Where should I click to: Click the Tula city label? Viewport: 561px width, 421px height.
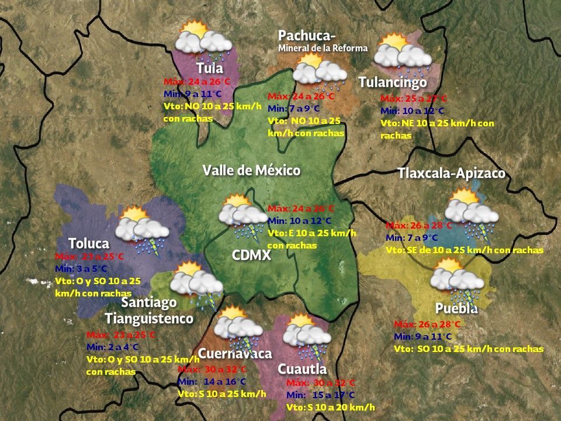[209, 68]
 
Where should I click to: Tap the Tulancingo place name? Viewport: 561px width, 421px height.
[393, 82]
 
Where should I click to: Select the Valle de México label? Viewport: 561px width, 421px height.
[251, 171]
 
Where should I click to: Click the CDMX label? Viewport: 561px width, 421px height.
[251, 256]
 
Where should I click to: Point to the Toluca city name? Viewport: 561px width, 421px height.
[89, 243]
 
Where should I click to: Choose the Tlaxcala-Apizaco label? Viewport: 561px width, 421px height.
[451, 174]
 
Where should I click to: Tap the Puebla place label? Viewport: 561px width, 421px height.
[456, 308]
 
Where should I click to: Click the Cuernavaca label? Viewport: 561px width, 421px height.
[235, 354]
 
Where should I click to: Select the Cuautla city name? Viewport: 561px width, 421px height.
[302, 370]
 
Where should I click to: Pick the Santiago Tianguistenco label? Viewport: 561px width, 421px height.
[149, 310]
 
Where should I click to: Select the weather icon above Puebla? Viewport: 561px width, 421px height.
[455, 277]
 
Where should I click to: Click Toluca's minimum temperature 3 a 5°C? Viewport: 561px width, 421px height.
[81, 268]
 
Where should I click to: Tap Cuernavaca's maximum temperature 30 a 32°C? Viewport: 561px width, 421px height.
[212, 370]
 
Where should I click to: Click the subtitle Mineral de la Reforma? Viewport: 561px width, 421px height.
[323, 48]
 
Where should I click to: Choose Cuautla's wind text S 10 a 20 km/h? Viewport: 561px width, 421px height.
[331, 407]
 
